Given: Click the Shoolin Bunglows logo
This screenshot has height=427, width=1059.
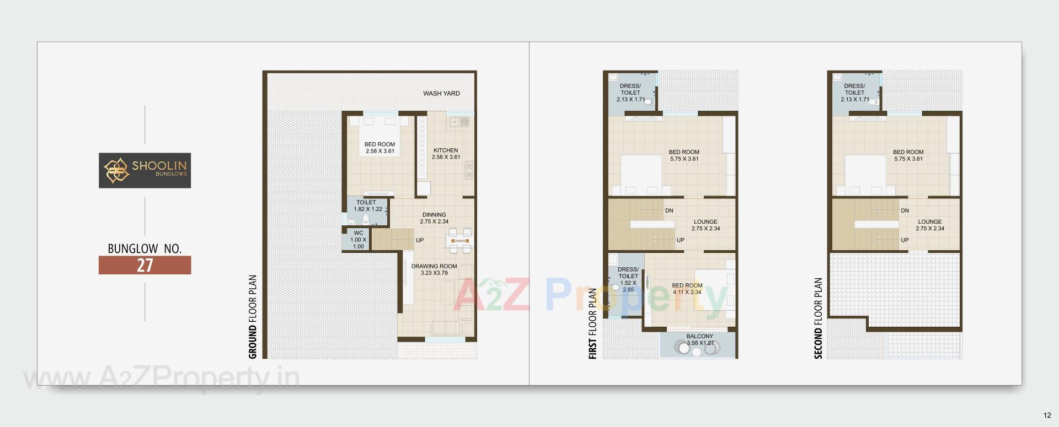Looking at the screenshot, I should pyautogui.click(x=145, y=170).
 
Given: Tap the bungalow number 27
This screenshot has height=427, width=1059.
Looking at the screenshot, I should pyautogui.click(x=145, y=265).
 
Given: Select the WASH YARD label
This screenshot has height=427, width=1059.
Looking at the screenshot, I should pyautogui.click(x=441, y=94).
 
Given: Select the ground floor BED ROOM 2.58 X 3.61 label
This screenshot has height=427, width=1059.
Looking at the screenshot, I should pyautogui.click(x=379, y=148).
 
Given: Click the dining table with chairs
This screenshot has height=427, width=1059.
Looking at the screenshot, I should pyautogui.click(x=459, y=241).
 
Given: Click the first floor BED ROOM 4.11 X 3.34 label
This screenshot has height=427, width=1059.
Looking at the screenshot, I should pyautogui.click(x=687, y=289).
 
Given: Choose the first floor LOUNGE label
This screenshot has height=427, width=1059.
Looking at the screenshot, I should pyautogui.click(x=705, y=225).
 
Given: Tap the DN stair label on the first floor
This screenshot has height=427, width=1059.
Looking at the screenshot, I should pyautogui.click(x=669, y=210).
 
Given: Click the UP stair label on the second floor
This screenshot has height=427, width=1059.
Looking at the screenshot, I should pyautogui.click(x=905, y=240).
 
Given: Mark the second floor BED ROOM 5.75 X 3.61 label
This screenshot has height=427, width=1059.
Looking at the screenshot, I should pyautogui.click(x=908, y=155).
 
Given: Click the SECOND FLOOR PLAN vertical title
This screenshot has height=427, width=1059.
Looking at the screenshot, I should pyautogui.click(x=818, y=318).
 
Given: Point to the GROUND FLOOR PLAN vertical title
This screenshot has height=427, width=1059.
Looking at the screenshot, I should pyautogui.click(x=253, y=317).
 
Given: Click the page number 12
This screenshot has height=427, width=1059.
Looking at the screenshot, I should pyautogui.click(x=1047, y=415).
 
